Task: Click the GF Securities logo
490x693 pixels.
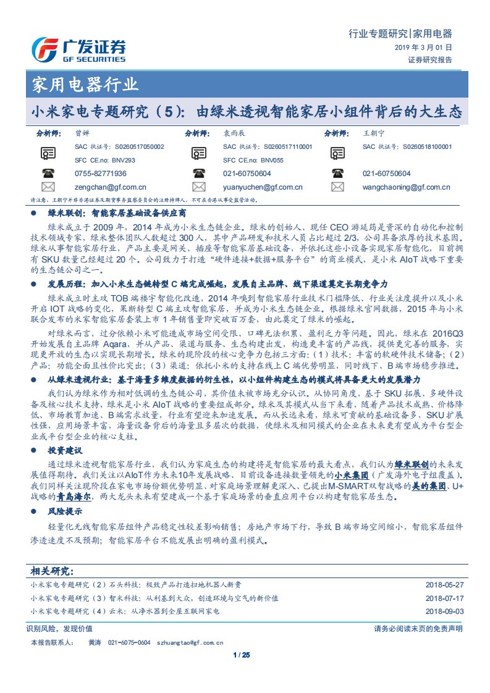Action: pyautogui.click(x=78, y=49)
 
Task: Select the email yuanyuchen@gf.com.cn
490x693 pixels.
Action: pyautogui.click(x=263, y=187)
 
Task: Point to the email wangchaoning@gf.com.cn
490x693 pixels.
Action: pyautogui.click(x=407, y=187)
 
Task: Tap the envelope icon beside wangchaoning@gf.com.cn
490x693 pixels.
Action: pyautogui.click(x=337, y=187)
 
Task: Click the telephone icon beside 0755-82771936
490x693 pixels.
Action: pyautogui.click(x=48, y=174)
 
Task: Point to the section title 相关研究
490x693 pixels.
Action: pyautogui.click(x=52, y=570)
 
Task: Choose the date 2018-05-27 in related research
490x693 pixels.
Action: pyautogui.click(x=444, y=584)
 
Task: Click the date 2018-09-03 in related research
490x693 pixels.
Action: pyautogui.click(x=444, y=611)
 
